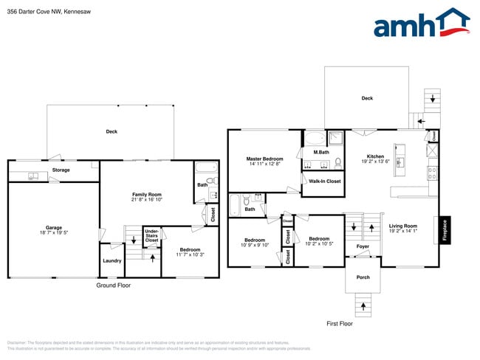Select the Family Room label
pyautogui.click(x=147, y=194)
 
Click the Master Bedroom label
pyautogui.click(x=264, y=159)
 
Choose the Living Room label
pyautogui.click(x=403, y=226)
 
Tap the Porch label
pyautogui.click(x=363, y=277)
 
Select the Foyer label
pyautogui.click(x=363, y=246)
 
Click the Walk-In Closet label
pyautogui.click(x=324, y=181)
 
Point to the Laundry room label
pyautogui.click(x=112, y=260)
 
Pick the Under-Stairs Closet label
pyautogui.click(x=151, y=236)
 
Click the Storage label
pyautogui.click(x=61, y=170)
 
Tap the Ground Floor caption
pyautogui.click(x=114, y=285)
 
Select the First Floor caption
pyautogui.click(x=340, y=323)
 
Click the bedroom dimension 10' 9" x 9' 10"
pyautogui.click(x=255, y=245)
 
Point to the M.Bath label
pyautogui.click(x=320, y=153)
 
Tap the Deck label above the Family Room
pyautogui.click(x=112, y=131)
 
